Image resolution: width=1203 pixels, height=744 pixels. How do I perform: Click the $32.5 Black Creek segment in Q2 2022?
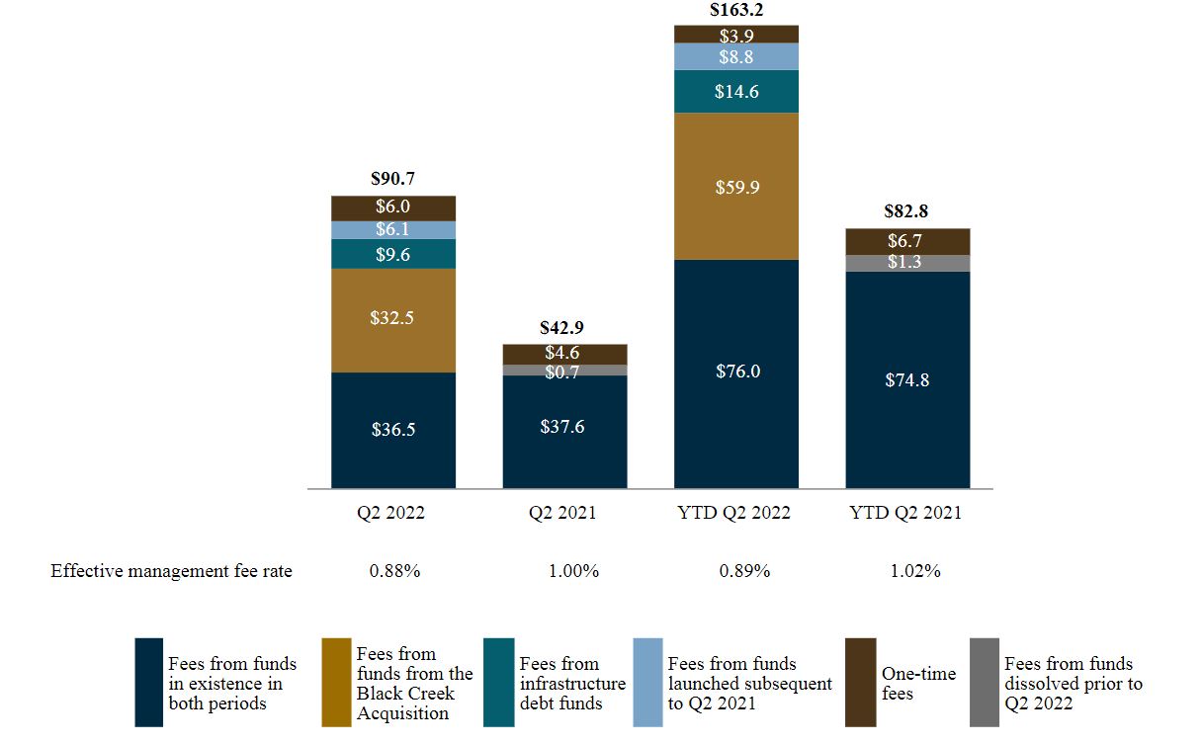pyautogui.click(x=393, y=320)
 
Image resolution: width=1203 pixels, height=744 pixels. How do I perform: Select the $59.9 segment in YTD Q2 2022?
pyautogui.click(x=736, y=186)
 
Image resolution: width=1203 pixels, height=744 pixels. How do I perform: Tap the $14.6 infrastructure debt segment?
pyautogui.click(x=736, y=91)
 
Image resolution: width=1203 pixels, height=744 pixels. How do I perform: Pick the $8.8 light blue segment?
pyautogui.click(x=736, y=56)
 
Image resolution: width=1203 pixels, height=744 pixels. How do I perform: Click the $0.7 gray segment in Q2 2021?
pyautogui.click(x=564, y=371)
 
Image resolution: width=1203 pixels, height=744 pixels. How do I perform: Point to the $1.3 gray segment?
pyautogui.click(x=907, y=263)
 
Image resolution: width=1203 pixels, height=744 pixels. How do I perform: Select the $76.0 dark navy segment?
pyautogui.click(x=736, y=372)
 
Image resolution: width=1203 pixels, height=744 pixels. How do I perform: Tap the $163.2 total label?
pyautogui.click(x=736, y=11)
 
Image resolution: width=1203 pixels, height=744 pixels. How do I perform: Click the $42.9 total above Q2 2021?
pyautogui.click(x=564, y=328)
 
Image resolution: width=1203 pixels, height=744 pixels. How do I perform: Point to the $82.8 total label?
pyautogui.click(x=907, y=211)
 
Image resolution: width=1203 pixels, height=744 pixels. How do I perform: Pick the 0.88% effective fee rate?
pyautogui.click(x=393, y=571)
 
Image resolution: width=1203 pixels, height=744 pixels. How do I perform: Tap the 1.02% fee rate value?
pyautogui.click(x=914, y=571)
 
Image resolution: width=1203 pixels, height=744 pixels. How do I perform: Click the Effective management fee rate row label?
pyautogui.click(x=171, y=571)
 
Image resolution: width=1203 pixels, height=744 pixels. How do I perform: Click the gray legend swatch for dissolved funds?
pyautogui.click(x=984, y=682)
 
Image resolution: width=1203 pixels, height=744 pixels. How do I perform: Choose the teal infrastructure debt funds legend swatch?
pyautogui.click(x=498, y=682)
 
